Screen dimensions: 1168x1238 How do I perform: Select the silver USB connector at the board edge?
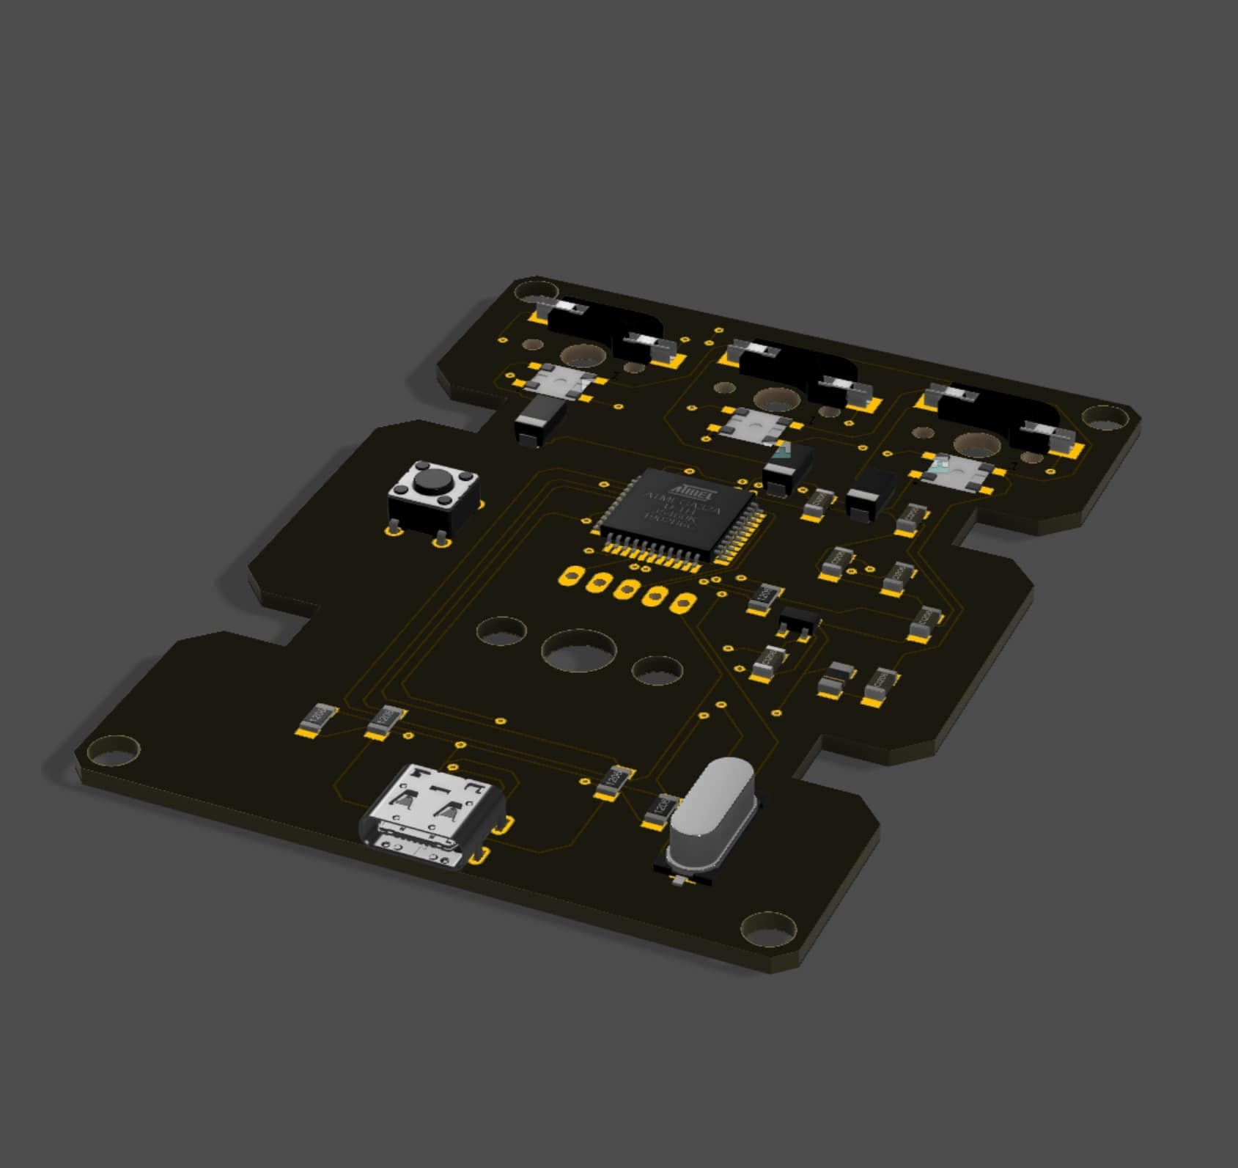(432, 814)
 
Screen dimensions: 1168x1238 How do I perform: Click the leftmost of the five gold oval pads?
(570, 576)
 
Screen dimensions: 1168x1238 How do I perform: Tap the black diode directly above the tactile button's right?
(541, 424)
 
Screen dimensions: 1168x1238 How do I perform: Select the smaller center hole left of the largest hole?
(501, 631)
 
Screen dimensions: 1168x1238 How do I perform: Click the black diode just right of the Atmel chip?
(787, 469)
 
